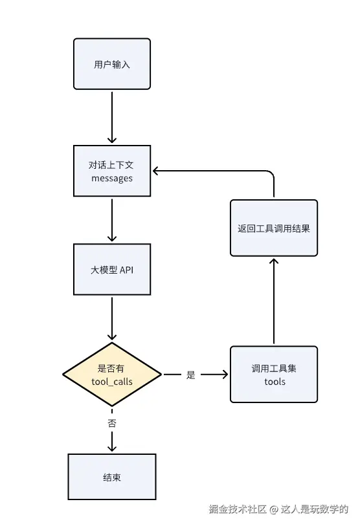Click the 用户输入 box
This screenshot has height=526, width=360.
pyautogui.click(x=112, y=64)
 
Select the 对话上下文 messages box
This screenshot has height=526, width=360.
pyautogui.click(x=112, y=171)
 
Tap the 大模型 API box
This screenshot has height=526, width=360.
pyautogui.click(x=112, y=270)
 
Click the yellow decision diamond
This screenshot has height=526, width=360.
pyautogui.click(x=112, y=375)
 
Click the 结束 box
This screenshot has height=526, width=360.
pyautogui.click(x=112, y=477)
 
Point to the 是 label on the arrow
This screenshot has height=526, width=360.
pyautogui.click(x=190, y=375)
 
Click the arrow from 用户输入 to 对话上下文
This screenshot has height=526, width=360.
pyautogui.click(x=112, y=116)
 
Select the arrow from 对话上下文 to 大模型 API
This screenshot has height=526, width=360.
pyautogui.click(x=112, y=220)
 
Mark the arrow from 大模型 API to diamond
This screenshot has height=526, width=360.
pyautogui.click(x=112, y=317)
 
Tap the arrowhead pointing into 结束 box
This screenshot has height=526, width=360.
pyautogui.click(x=112, y=448)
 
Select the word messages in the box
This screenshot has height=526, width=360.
pyautogui.click(x=112, y=178)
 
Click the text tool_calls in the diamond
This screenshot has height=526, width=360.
pyautogui.click(x=112, y=382)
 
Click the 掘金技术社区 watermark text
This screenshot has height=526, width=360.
pyautogui.click(x=238, y=509)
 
